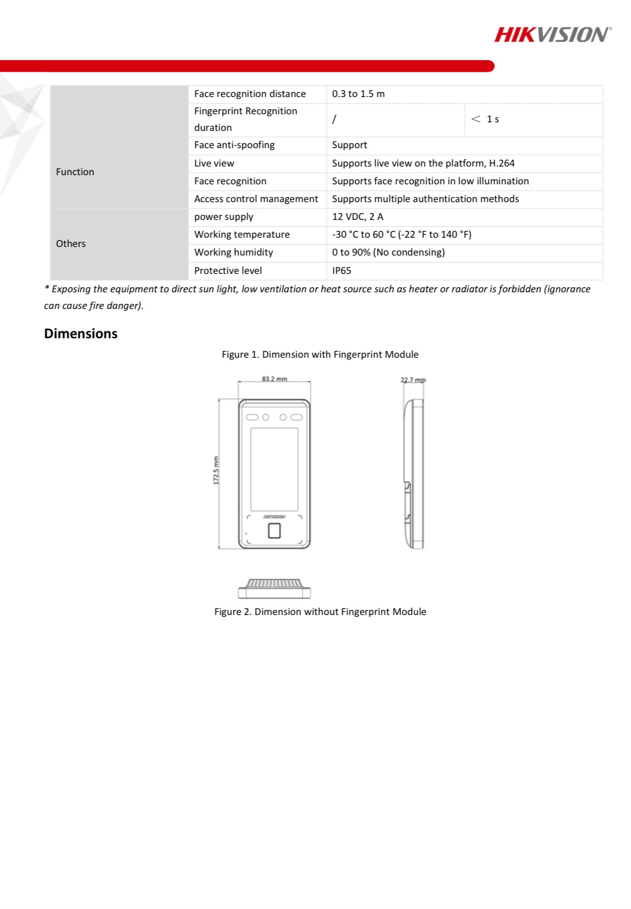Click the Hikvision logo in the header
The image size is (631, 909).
[x=552, y=34]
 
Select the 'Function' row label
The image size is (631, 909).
[x=75, y=172]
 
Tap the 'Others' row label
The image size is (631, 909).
[x=71, y=243]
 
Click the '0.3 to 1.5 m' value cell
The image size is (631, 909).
[x=359, y=94]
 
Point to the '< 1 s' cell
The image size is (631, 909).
[x=485, y=119]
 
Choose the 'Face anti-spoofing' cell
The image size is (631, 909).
[x=234, y=145]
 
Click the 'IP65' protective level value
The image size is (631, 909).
[x=341, y=270]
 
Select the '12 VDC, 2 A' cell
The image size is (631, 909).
[x=357, y=216]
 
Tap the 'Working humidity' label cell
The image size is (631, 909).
[x=233, y=252]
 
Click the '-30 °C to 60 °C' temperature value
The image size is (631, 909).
[x=402, y=234]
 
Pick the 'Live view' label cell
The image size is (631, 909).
[x=214, y=163]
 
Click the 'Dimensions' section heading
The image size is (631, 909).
[x=81, y=334]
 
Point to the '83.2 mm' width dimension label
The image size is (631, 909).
[x=274, y=379]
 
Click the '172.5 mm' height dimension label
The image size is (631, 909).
[x=216, y=470]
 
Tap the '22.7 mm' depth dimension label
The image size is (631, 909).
[x=413, y=380]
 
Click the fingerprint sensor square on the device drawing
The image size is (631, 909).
[x=274, y=531]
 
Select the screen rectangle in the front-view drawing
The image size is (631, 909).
[x=274, y=469]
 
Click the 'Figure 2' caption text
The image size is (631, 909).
[x=320, y=612]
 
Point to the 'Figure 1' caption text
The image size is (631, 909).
[x=320, y=354]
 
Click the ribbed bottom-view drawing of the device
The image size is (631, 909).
[x=274, y=588]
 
